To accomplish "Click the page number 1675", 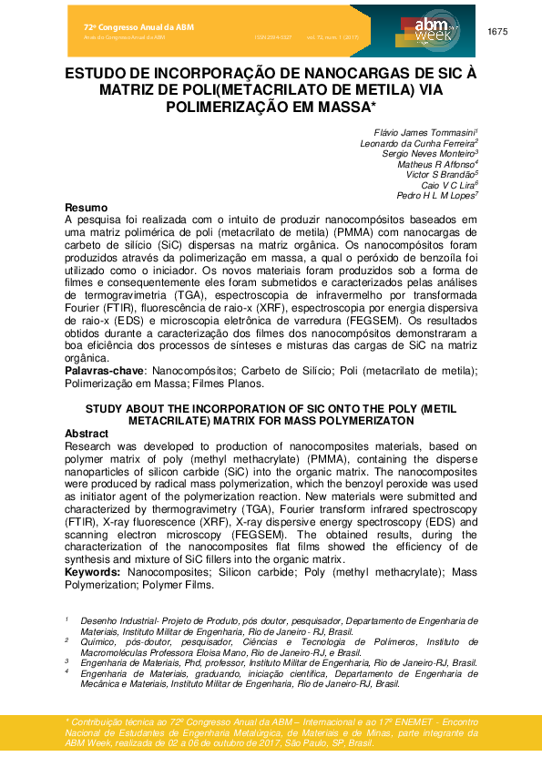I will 497,32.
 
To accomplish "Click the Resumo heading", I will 87,208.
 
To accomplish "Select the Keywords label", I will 94,571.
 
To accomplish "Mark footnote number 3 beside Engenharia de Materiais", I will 66,663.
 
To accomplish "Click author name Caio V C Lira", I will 449,185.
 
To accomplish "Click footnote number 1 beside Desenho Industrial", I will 66,619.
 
